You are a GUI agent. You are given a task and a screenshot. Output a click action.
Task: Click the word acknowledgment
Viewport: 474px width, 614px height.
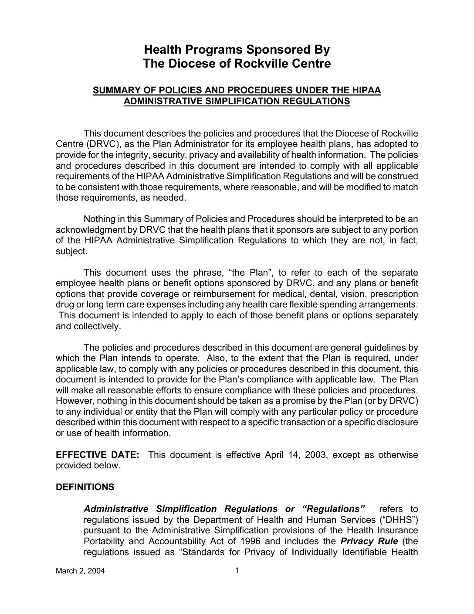tap(87, 229)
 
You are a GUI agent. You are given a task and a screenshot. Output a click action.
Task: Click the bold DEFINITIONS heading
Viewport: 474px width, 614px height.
tap(85, 487)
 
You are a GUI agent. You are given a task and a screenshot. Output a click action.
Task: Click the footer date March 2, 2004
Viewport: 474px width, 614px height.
tap(81, 572)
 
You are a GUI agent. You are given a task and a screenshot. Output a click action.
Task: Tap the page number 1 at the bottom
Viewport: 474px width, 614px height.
tap(237, 570)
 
